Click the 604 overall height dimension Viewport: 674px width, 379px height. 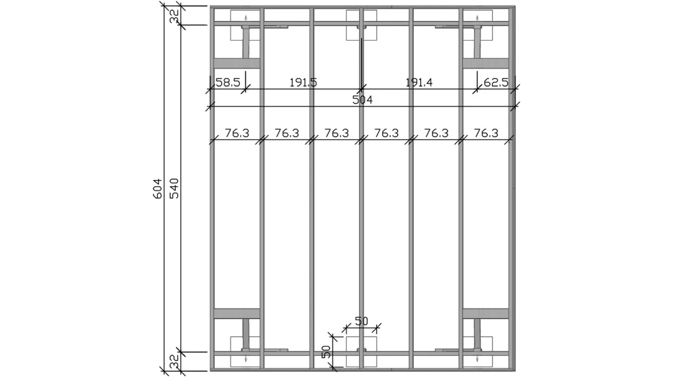(x=157, y=189)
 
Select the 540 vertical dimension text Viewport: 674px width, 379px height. (x=174, y=188)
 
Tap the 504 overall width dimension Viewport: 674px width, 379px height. (x=362, y=100)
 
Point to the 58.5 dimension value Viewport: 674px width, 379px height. (x=228, y=82)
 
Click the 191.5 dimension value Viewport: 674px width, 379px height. (x=303, y=82)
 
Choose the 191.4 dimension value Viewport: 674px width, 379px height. (x=419, y=82)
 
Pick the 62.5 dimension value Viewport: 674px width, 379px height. (x=496, y=82)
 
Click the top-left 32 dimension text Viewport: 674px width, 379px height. (x=174, y=16)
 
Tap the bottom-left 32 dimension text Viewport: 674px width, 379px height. (x=174, y=361)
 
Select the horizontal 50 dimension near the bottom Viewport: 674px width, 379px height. (x=361, y=321)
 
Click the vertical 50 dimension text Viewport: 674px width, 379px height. (x=326, y=352)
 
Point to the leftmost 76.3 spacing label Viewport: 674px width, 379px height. (x=237, y=133)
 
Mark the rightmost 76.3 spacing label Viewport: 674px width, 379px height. (x=486, y=133)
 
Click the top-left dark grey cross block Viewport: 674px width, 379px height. (x=237, y=63)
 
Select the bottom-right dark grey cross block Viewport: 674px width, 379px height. (x=485, y=313)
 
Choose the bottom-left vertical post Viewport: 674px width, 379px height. (x=246, y=334)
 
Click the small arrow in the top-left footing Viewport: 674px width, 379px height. (x=246, y=18)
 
